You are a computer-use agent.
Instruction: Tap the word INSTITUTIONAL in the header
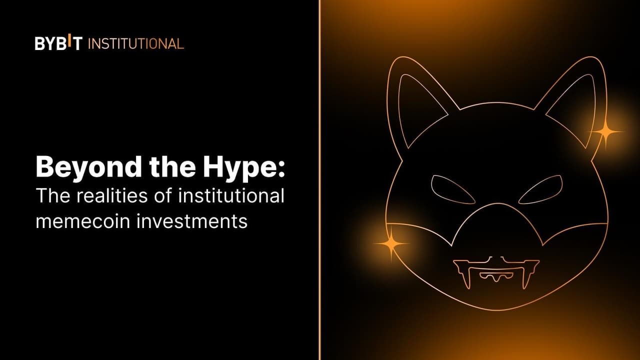(x=136, y=43)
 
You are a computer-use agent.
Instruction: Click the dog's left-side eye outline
(x=452, y=189)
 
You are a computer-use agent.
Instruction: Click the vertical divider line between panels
(x=319, y=180)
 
